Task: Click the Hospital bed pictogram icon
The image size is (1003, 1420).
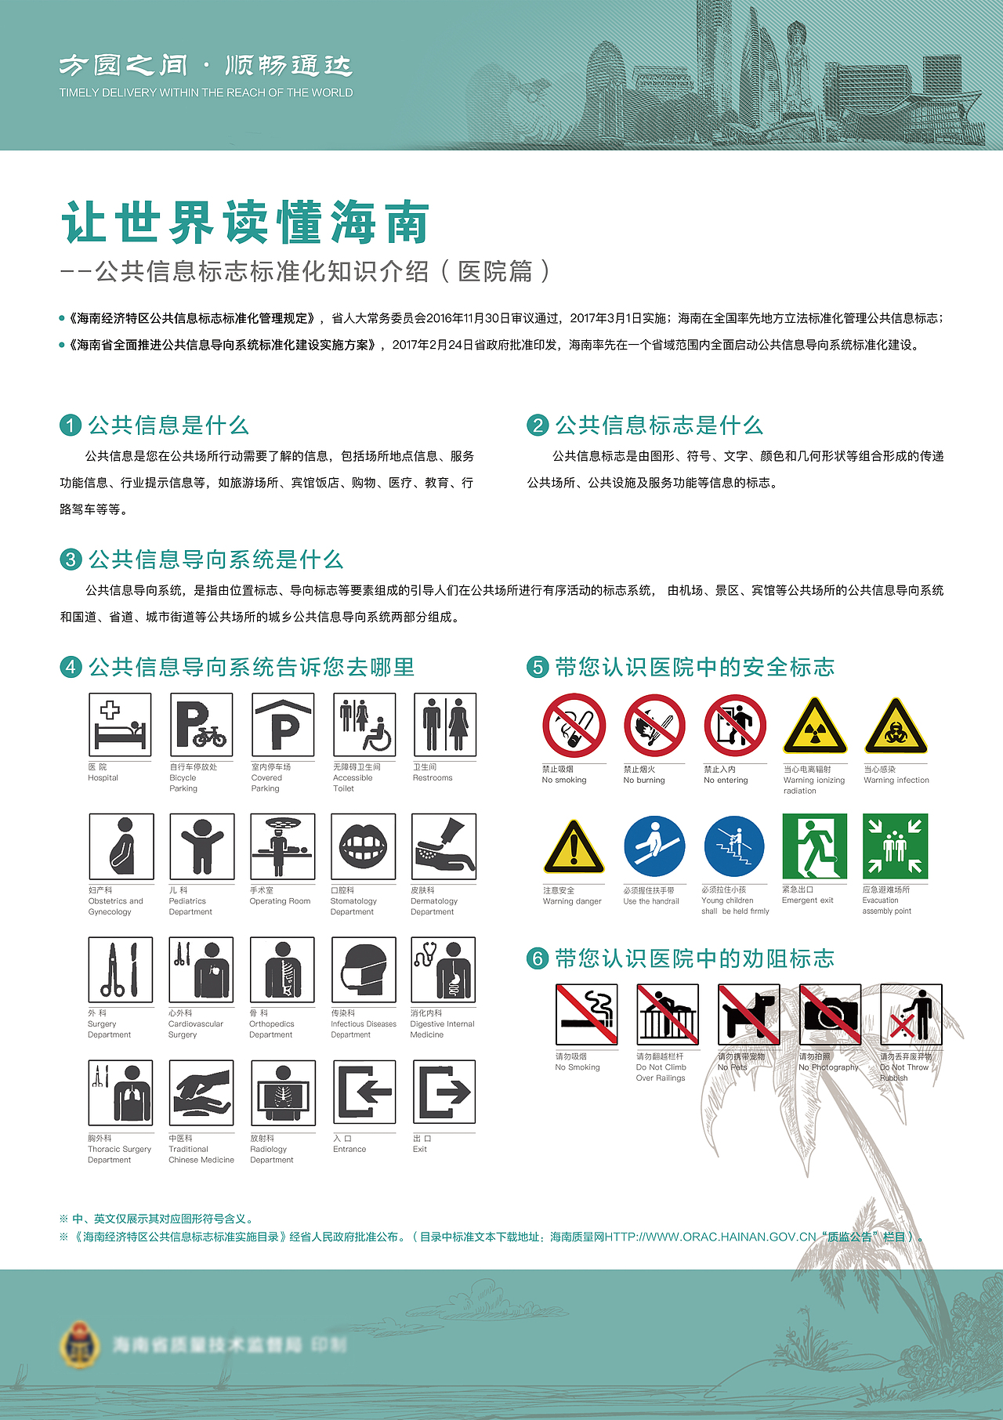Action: [x=120, y=725]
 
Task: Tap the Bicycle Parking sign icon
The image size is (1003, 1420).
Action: [x=201, y=725]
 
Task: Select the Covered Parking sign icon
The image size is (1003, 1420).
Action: [x=283, y=725]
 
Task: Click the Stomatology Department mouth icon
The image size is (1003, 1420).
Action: [x=363, y=846]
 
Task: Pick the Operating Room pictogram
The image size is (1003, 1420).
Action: [x=282, y=846]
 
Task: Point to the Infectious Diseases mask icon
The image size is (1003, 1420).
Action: [x=364, y=969]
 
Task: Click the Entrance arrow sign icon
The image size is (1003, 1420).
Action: [x=364, y=1092]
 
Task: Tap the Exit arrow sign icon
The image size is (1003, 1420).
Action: [x=444, y=1092]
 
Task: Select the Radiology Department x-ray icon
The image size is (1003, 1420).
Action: [x=283, y=1092]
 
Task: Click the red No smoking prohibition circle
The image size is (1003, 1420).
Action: [x=574, y=726]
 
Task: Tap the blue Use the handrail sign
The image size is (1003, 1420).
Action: [x=654, y=846]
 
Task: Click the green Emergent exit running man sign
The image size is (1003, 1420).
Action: [x=814, y=846]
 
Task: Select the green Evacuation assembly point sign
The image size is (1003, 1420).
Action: [x=895, y=846]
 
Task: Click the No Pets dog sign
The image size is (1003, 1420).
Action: [x=749, y=1015]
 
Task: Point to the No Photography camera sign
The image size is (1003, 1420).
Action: [x=830, y=1015]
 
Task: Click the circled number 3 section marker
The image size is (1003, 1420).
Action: [x=71, y=560]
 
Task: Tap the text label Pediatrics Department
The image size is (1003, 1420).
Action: [x=190, y=906]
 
